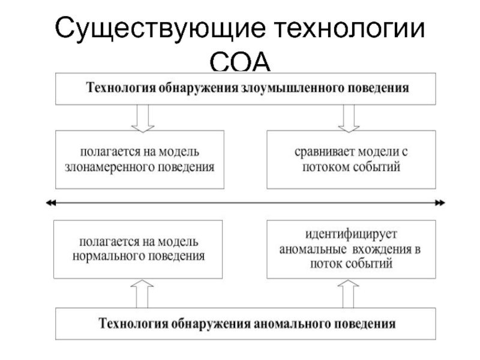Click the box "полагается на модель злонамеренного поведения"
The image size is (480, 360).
(x=139, y=158)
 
